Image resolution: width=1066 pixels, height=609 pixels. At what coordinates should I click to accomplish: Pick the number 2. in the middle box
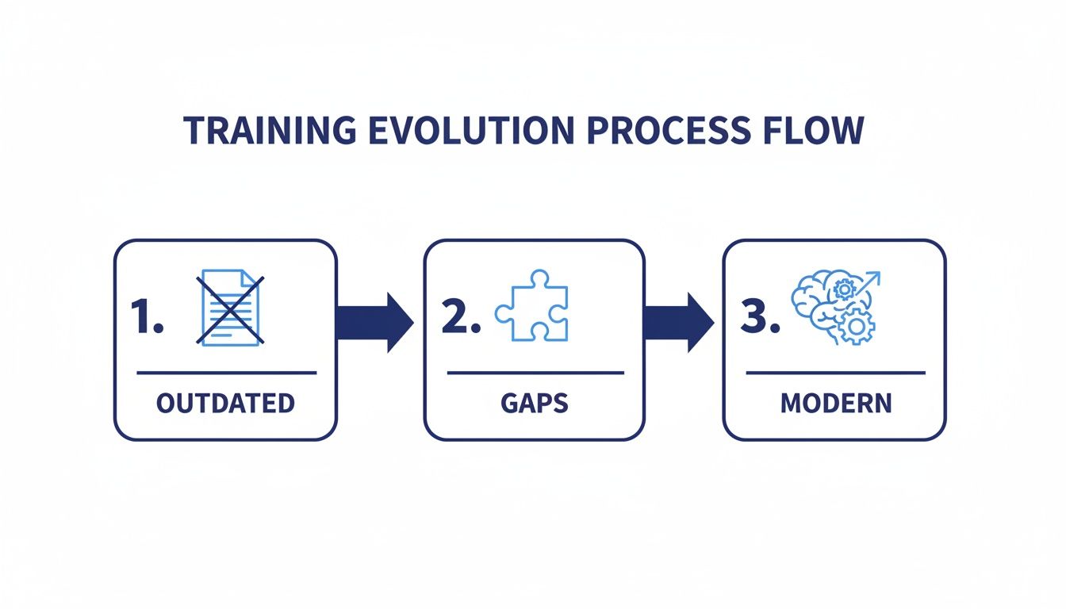[x=460, y=316]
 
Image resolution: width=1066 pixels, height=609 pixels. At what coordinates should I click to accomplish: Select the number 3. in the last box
[x=760, y=316]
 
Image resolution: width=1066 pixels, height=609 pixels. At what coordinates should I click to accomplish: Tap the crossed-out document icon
[x=230, y=308]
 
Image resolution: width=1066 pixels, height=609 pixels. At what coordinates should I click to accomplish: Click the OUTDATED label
[x=225, y=403]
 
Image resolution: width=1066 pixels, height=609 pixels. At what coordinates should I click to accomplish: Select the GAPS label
[x=535, y=403]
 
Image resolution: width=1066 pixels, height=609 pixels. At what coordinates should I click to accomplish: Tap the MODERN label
[x=836, y=403]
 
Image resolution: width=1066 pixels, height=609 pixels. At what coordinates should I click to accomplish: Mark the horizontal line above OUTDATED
[x=226, y=372]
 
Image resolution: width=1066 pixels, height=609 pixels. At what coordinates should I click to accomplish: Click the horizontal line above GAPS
[x=535, y=372]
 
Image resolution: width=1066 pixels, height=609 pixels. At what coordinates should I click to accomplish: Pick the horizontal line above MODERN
[x=836, y=372]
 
